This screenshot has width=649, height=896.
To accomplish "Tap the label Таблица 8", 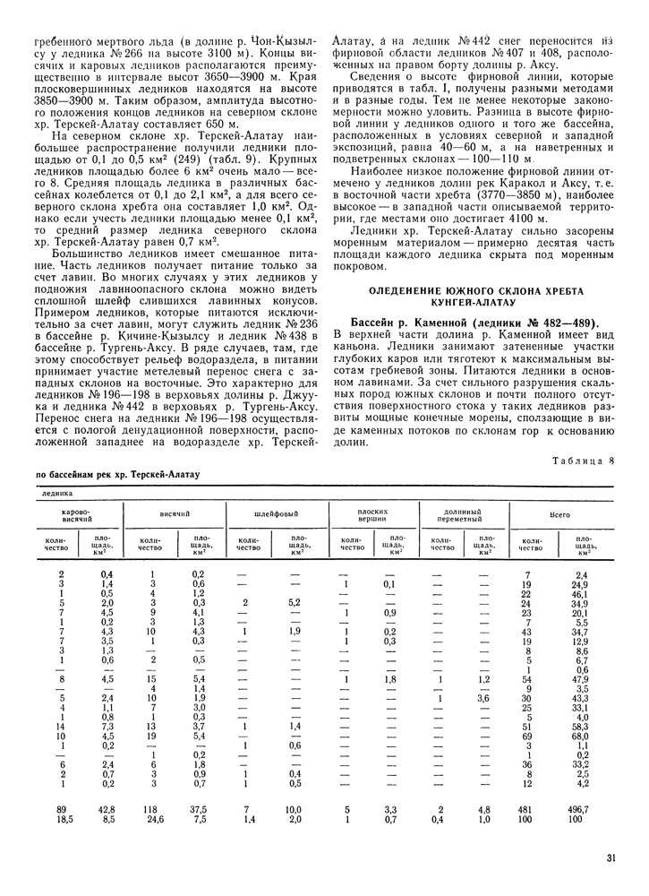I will click(x=585, y=462).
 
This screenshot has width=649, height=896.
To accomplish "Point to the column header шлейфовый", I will click(x=273, y=517).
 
